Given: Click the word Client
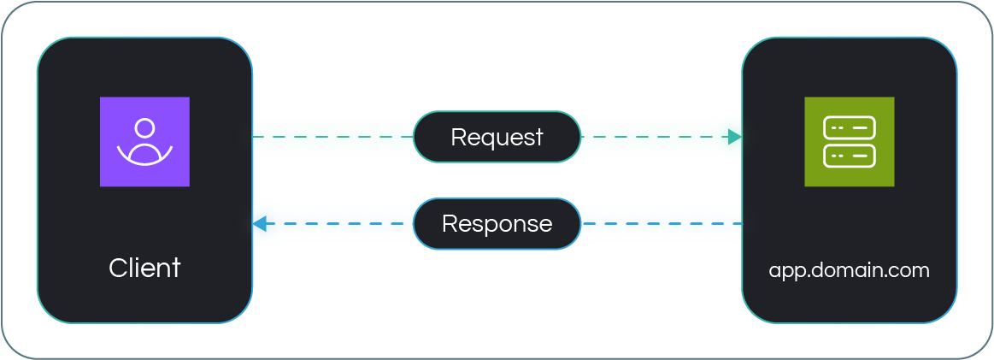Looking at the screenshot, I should [x=144, y=268].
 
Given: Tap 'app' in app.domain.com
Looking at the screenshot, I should [x=789, y=271].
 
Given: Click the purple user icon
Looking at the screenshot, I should [x=144, y=142].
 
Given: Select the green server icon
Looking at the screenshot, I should [x=849, y=142].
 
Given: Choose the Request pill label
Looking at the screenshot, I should [x=497, y=137].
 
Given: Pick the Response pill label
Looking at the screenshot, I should [x=497, y=224].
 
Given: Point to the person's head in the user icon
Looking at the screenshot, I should [x=144, y=128].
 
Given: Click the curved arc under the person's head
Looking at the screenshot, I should [x=144, y=156].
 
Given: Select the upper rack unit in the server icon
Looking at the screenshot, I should [x=849, y=128].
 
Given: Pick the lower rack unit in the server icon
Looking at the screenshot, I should [x=849, y=156].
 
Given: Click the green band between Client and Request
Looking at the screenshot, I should [x=333, y=137].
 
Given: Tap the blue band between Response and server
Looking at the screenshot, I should [x=658, y=224].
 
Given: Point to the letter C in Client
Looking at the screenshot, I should [x=117, y=268].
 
